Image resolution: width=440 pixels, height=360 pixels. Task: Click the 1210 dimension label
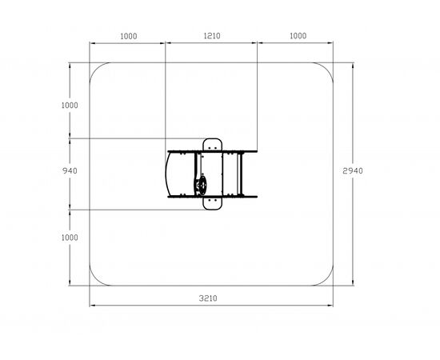point(212,36)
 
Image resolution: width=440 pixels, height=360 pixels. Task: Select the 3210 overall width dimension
point(208,298)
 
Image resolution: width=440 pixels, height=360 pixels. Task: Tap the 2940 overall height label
point(353,170)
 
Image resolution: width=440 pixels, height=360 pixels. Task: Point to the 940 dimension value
point(70,170)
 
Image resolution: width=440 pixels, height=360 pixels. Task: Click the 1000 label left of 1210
point(129,36)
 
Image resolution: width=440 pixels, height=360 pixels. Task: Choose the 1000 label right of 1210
point(298,36)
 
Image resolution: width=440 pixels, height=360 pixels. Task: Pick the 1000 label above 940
point(70,106)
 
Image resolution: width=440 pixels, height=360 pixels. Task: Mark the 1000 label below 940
point(70,238)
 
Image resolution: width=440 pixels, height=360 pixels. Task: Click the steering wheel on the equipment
point(201,185)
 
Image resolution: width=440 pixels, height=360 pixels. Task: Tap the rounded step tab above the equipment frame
point(213,145)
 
